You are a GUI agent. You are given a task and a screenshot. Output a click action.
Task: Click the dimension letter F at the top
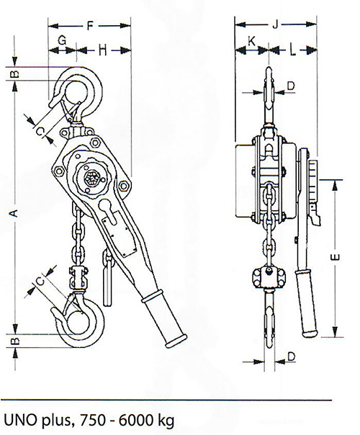point(90,25)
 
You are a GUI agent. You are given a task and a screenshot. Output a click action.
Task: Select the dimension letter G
point(62,40)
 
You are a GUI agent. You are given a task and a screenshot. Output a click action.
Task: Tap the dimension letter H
point(103,50)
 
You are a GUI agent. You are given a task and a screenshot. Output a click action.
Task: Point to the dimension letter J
point(274,24)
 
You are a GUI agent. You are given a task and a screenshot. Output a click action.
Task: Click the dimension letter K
point(251,41)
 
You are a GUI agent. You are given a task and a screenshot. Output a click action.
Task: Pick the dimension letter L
point(292,50)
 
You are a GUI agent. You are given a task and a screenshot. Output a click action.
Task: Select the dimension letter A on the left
point(14,213)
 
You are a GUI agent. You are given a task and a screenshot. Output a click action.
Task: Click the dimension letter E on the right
point(336,257)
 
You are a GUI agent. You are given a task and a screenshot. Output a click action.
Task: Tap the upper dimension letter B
point(16,74)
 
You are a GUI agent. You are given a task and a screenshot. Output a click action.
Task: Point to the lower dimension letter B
point(16,341)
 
